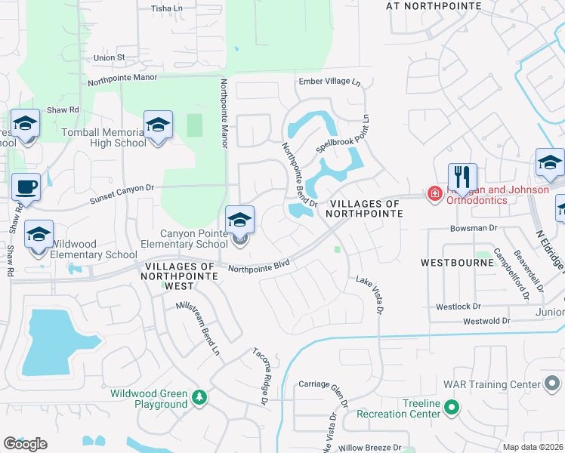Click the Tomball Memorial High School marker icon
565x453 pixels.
point(158,125)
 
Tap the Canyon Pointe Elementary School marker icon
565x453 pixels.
point(240,220)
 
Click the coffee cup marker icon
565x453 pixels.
point(26,186)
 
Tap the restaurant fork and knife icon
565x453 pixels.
point(462,177)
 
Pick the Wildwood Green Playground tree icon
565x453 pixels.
point(199,397)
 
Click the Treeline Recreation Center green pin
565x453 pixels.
point(452,408)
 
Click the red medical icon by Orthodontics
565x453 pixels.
point(435,194)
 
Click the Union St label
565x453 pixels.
point(109,57)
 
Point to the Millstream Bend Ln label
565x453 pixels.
point(201,328)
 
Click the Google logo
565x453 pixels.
point(25,444)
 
